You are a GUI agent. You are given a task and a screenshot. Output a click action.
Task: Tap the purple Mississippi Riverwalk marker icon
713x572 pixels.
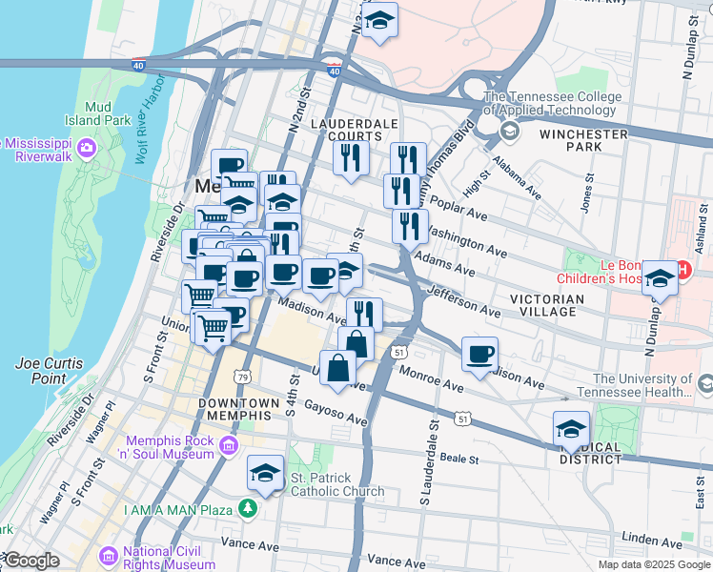coord(88,147)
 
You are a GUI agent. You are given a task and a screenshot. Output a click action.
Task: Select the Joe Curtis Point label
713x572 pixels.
coord(49,371)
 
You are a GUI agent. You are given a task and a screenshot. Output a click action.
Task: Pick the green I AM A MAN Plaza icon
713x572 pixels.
coord(249,509)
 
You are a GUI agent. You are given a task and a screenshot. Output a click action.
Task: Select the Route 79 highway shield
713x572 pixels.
coord(244,378)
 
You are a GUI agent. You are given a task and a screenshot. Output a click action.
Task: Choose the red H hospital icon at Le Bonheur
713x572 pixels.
coord(682,272)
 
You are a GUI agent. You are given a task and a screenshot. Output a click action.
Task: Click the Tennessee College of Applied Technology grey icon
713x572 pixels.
coord(509,130)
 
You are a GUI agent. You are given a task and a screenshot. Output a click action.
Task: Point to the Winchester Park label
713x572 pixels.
coord(583,140)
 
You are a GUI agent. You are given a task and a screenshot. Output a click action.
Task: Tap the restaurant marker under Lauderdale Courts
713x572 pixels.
coord(351,156)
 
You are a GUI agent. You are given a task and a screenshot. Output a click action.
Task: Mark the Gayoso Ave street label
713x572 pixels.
coord(336,413)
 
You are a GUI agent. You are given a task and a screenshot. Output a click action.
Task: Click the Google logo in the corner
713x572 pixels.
coord(31,561)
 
